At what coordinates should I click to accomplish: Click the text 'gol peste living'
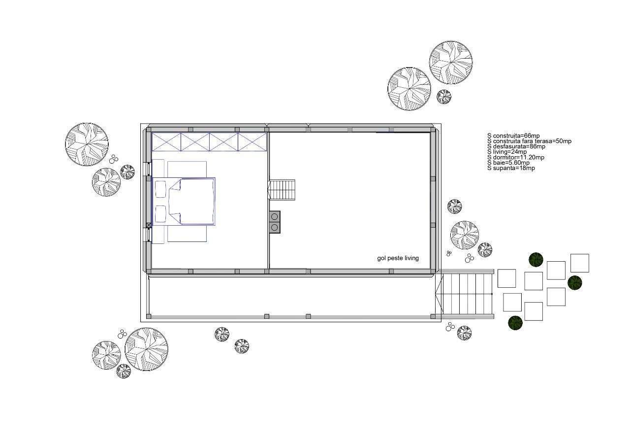tap(398, 258)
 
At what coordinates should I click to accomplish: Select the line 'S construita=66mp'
tap(513, 136)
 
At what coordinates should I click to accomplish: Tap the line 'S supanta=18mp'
tap(511, 168)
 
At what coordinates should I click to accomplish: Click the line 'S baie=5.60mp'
tap(508, 163)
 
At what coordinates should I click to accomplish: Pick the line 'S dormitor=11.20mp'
tap(516, 157)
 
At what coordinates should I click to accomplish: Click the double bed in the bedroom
tap(184, 202)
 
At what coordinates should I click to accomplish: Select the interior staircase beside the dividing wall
tap(282, 190)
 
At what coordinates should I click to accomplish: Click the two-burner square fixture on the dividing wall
tap(275, 222)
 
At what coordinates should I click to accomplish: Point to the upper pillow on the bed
tap(160, 189)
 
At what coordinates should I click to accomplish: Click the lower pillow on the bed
tap(160, 213)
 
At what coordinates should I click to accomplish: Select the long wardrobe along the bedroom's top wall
tap(209, 142)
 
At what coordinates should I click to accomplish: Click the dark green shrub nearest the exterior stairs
tap(515, 323)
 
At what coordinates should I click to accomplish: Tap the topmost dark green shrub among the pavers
tap(536, 260)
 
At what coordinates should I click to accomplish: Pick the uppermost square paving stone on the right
tap(580, 263)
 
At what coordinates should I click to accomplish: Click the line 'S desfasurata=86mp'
tap(516, 147)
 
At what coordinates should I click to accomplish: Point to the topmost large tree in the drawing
tap(451, 63)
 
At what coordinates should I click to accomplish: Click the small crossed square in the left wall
tap(149, 225)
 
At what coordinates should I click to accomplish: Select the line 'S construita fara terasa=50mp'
tap(529, 141)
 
